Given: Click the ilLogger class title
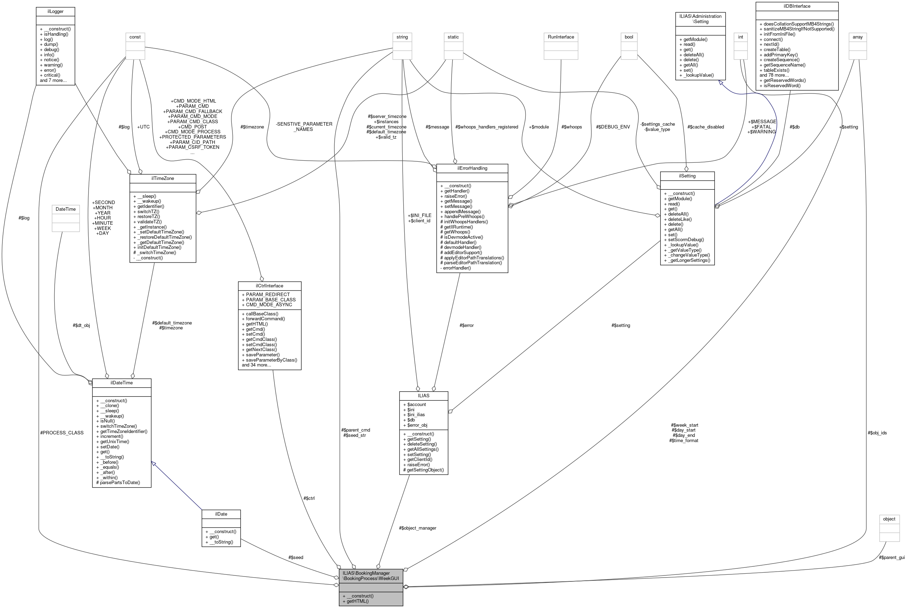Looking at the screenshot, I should coord(55,11).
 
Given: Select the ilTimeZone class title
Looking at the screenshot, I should coord(162,179).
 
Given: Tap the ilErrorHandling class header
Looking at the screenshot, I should coord(472,168).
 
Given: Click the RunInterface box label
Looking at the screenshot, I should coord(561,37).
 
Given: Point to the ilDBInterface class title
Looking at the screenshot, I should coord(797,6).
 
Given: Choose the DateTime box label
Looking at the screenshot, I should coord(65,209).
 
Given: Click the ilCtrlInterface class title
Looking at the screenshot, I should coord(270,286).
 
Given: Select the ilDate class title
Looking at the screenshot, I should coord(221,514).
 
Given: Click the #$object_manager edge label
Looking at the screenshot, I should coord(417,528).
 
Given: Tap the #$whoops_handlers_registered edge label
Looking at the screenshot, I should coord(487,127).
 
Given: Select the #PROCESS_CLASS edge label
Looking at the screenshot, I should coord(62,433).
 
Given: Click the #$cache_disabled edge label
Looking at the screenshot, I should coord(705,127).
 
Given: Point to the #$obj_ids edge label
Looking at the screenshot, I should coord(877,433).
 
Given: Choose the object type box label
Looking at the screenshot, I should coord(889,519).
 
